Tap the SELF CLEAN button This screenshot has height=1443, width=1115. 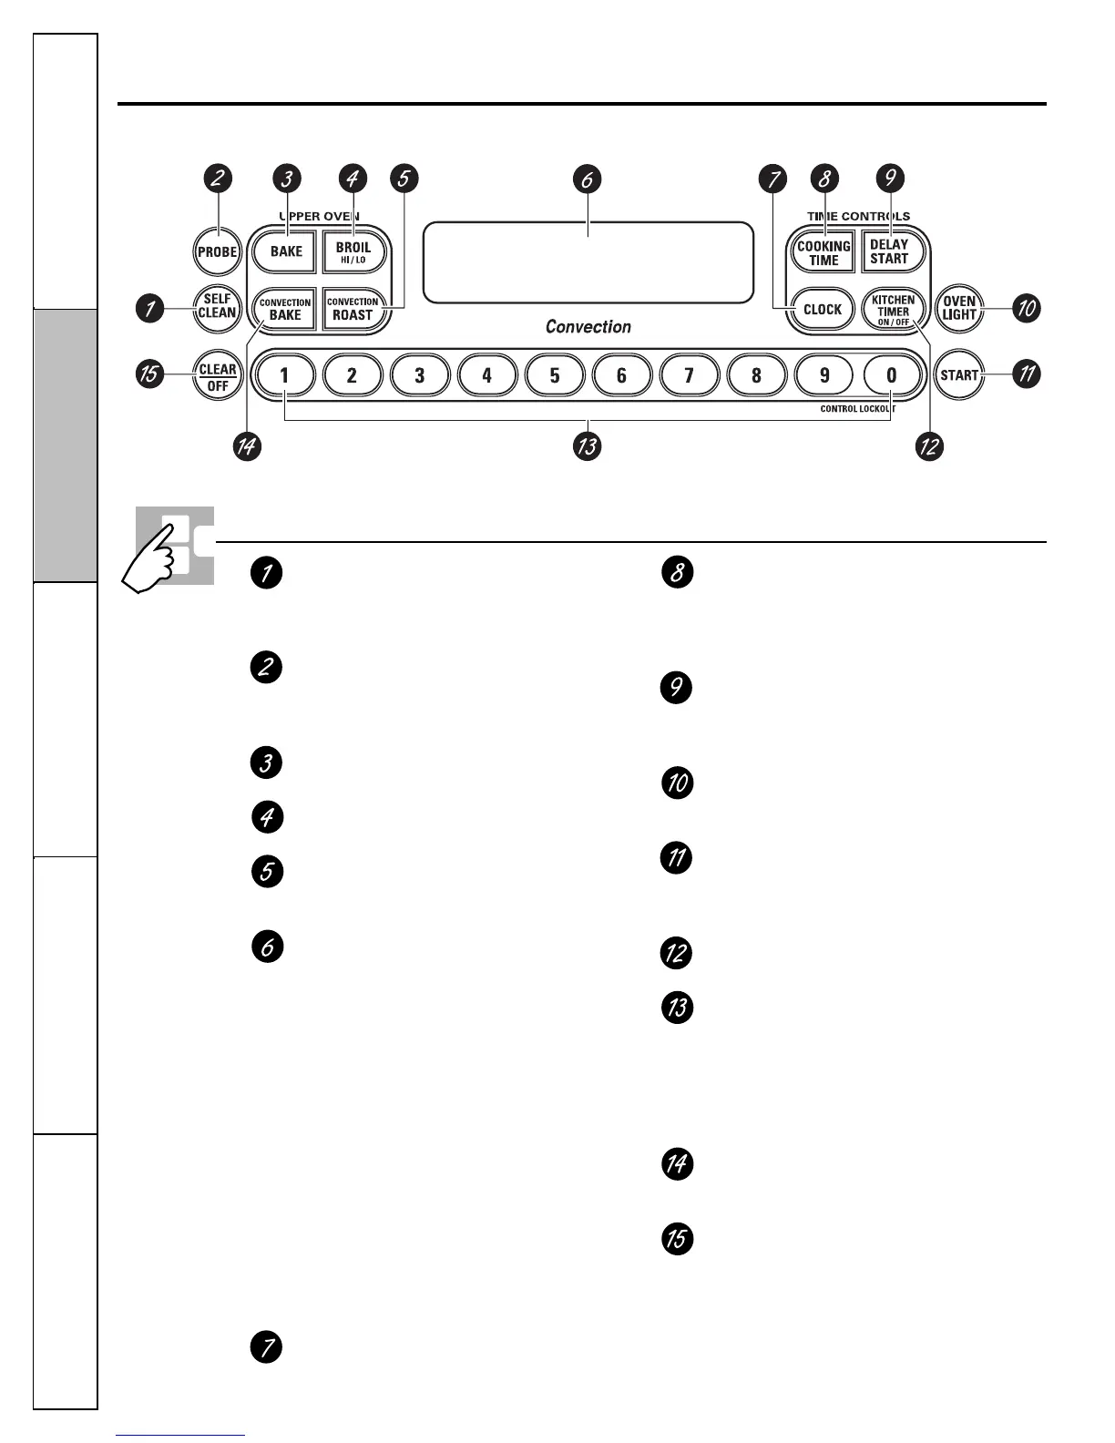click(x=218, y=306)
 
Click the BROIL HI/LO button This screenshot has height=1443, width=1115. click(x=353, y=252)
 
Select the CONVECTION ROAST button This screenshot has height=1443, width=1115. click(x=353, y=309)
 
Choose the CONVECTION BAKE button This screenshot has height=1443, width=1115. click(x=285, y=309)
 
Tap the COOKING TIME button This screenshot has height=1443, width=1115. click(x=823, y=252)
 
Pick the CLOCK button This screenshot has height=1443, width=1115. click(x=822, y=309)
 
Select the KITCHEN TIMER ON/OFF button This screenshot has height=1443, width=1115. click(x=893, y=310)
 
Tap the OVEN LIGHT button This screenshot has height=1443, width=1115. click(x=959, y=308)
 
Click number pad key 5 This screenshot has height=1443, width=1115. click(x=554, y=374)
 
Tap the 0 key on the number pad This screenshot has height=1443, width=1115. click(x=891, y=374)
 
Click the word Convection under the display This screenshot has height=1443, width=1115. click(x=588, y=326)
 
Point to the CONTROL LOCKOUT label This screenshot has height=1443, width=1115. click(x=857, y=409)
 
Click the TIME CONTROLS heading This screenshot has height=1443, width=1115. click(x=858, y=216)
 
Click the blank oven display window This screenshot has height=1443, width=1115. click(x=588, y=262)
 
